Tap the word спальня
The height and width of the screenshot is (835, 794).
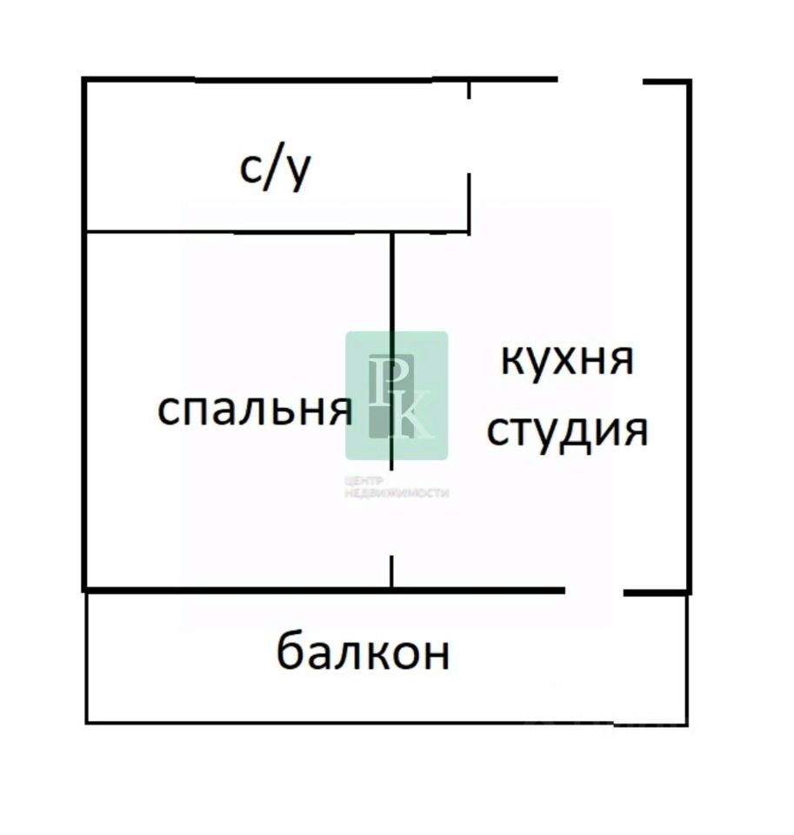[254, 409]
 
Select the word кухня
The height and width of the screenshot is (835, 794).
[567, 359]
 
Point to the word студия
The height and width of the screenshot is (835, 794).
[567, 430]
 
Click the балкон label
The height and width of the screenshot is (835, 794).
[363, 652]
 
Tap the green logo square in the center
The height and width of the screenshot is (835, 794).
[397, 396]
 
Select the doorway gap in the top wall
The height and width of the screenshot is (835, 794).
[600, 81]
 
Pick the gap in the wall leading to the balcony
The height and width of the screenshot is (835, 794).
[595, 591]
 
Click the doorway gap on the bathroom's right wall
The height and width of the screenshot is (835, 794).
[470, 136]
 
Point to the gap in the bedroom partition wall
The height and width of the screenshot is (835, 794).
[391, 513]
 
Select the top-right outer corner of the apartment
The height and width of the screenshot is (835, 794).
[689, 82]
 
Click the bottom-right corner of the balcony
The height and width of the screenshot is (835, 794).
[687, 722]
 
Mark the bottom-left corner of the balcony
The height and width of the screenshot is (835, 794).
[87, 721]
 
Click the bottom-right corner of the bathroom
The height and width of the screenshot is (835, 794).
[470, 231]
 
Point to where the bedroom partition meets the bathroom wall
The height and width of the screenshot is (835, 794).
[391, 232]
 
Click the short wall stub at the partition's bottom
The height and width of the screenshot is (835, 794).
[391, 572]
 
